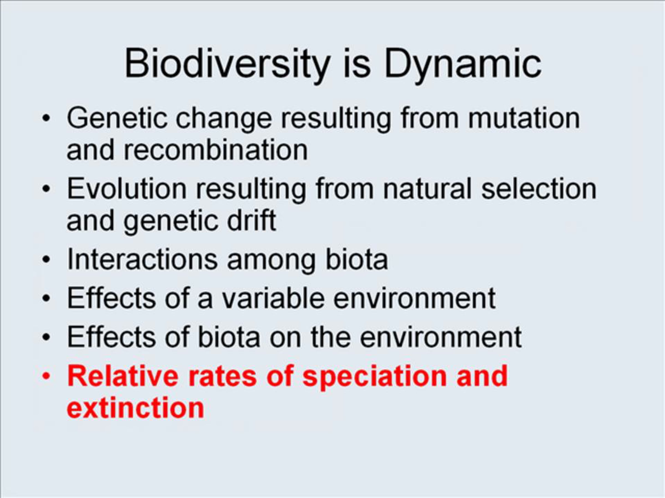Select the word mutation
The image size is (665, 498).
(524, 119)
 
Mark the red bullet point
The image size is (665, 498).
(46, 376)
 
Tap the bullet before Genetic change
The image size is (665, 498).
(46, 118)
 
